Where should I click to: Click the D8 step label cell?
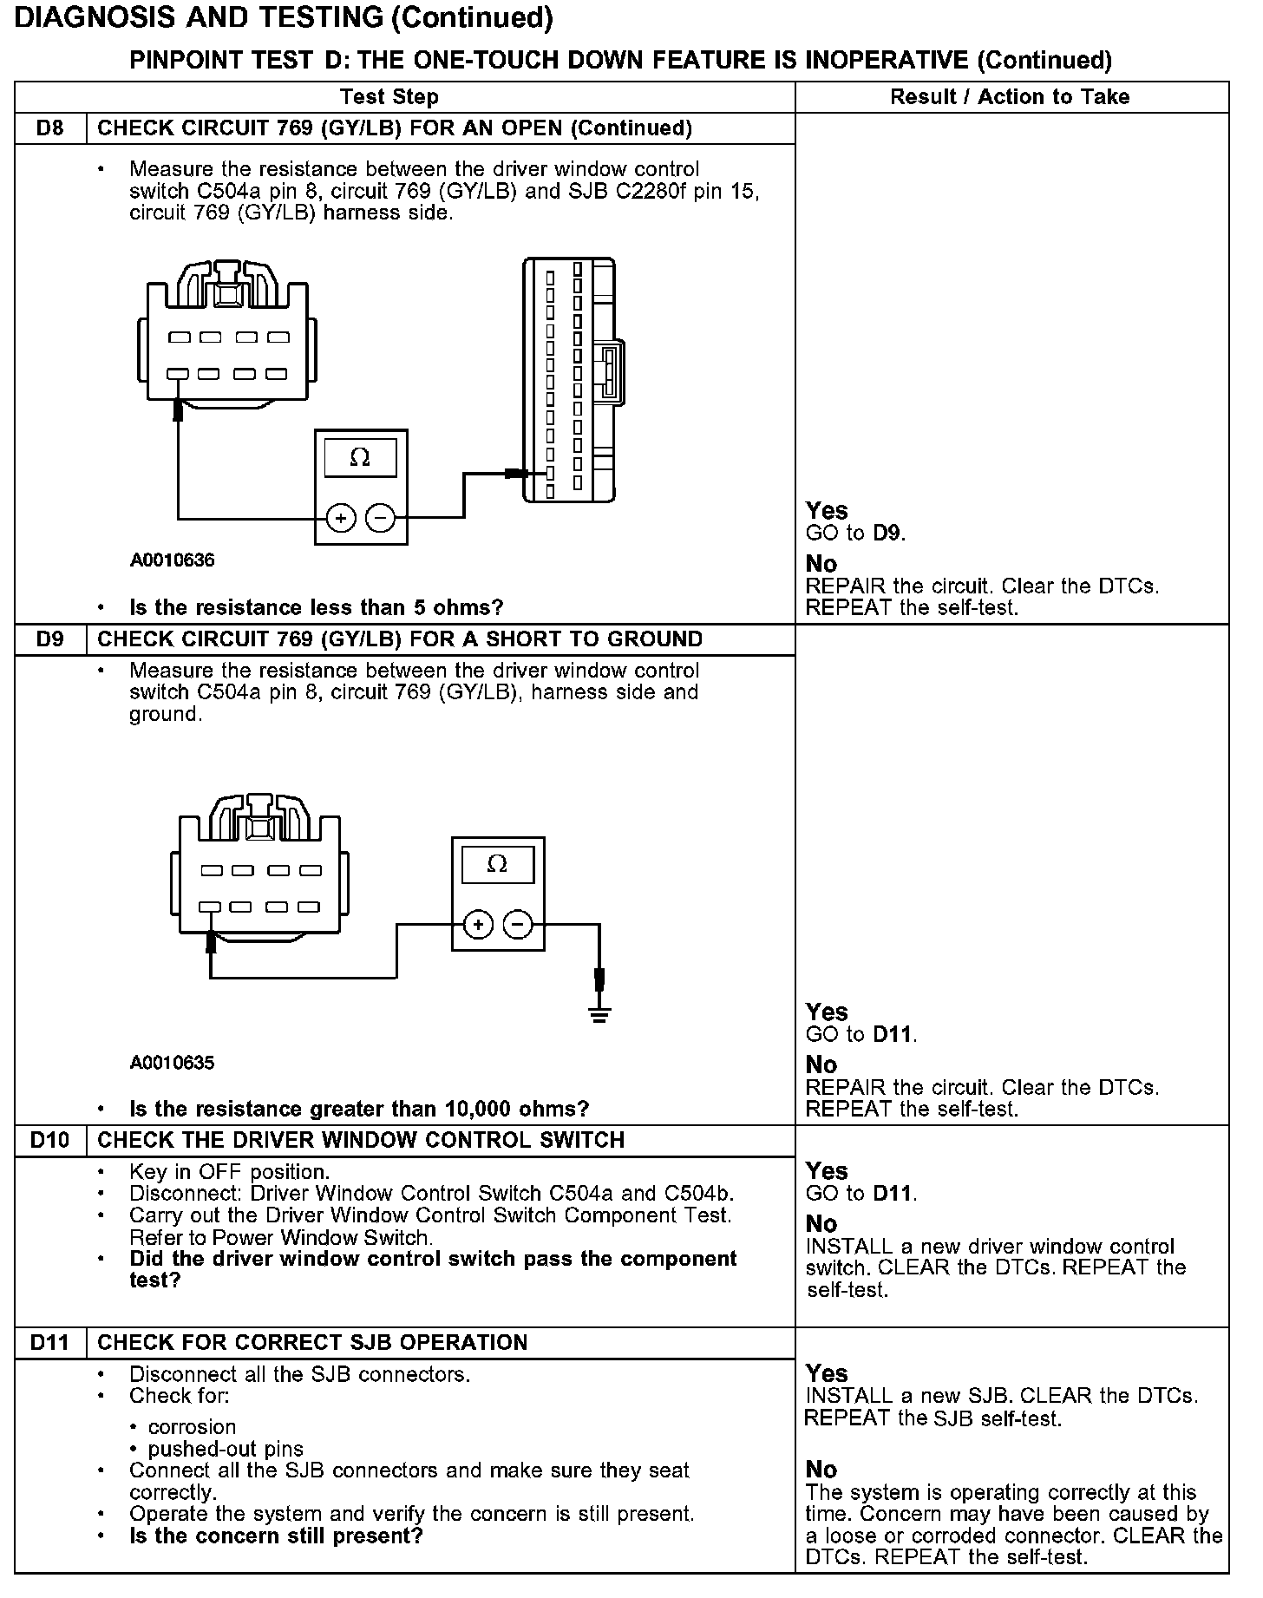(x=50, y=128)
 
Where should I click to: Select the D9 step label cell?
(x=50, y=639)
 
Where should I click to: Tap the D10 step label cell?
(x=50, y=1140)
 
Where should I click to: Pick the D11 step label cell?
(x=50, y=1342)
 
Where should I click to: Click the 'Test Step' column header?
(x=389, y=97)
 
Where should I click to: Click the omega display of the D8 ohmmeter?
(x=360, y=457)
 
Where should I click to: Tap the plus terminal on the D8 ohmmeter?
(x=341, y=519)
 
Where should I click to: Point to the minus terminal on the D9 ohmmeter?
(x=518, y=925)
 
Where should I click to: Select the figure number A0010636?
(x=173, y=560)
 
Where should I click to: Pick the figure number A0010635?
(x=173, y=1063)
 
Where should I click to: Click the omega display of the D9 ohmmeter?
(x=497, y=864)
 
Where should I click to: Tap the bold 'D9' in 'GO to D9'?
(x=887, y=534)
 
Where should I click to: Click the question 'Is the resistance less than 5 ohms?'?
(x=316, y=607)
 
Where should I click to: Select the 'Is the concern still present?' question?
(x=276, y=1536)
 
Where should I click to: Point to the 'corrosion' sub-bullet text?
(x=192, y=1427)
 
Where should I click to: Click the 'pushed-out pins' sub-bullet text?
(x=226, y=1449)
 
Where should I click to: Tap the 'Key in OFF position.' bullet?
(x=229, y=1172)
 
